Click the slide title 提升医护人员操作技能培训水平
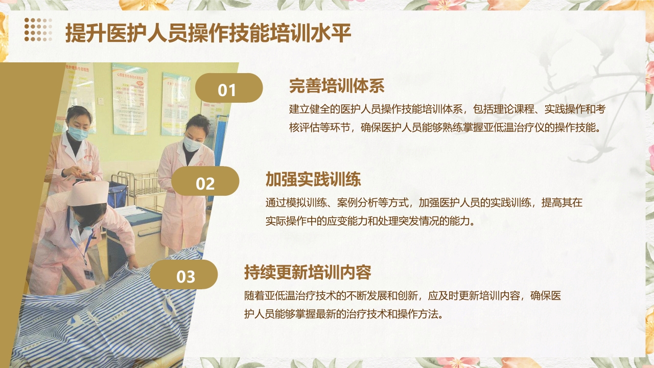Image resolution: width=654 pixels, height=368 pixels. [208, 33]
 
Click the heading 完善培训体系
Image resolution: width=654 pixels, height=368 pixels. [337, 85]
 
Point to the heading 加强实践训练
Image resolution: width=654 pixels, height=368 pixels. [313, 179]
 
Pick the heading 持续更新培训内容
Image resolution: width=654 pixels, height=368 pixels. [308, 272]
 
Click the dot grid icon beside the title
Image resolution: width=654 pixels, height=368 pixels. [38, 29]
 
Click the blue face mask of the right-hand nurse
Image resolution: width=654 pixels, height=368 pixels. [192, 144]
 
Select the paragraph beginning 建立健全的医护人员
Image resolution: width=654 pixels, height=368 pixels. [447, 118]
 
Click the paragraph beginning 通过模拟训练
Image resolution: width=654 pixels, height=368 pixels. [424, 212]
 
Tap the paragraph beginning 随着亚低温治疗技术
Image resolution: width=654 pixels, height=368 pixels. [403, 305]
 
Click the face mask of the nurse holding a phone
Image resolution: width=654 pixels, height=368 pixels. [78, 133]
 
